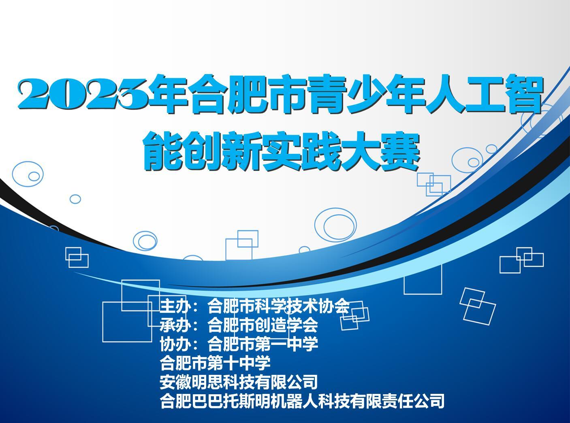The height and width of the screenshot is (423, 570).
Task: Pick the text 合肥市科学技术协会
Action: tap(279, 306)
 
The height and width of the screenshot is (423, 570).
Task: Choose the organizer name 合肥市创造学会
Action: tap(263, 325)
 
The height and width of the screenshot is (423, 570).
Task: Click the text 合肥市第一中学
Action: tap(263, 344)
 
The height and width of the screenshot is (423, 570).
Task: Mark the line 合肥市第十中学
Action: tap(215, 363)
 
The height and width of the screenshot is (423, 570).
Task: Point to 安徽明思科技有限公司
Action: tap(239, 382)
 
